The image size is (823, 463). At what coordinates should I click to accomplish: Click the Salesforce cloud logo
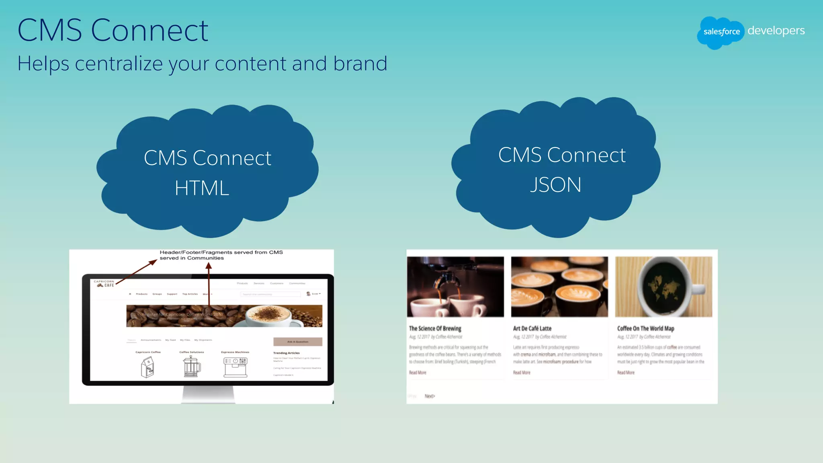coord(721,32)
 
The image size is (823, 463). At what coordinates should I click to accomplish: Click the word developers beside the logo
coord(776,31)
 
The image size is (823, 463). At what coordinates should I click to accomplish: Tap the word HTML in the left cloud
coord(202,188)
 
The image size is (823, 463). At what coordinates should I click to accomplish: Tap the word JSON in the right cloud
coord(555,185)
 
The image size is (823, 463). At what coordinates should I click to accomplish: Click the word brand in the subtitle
coord(360,64)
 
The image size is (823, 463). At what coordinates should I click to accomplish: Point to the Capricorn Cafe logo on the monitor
coord(105,283)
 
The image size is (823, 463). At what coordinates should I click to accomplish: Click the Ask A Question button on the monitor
coord(298,342)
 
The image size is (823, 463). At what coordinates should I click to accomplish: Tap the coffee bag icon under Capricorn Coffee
coord(147,367)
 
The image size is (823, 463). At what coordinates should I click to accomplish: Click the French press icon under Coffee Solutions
coord(192,366)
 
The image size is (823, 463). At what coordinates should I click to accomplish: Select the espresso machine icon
coord(235,367)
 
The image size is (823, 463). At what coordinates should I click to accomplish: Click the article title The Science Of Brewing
coord(435,328)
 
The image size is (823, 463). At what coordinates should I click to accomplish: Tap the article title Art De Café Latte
coord(532,328)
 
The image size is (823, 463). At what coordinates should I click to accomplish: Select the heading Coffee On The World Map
coord(645,328)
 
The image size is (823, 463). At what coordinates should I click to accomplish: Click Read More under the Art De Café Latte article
coord(522,373)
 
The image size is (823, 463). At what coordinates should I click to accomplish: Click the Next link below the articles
coord(430,396)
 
